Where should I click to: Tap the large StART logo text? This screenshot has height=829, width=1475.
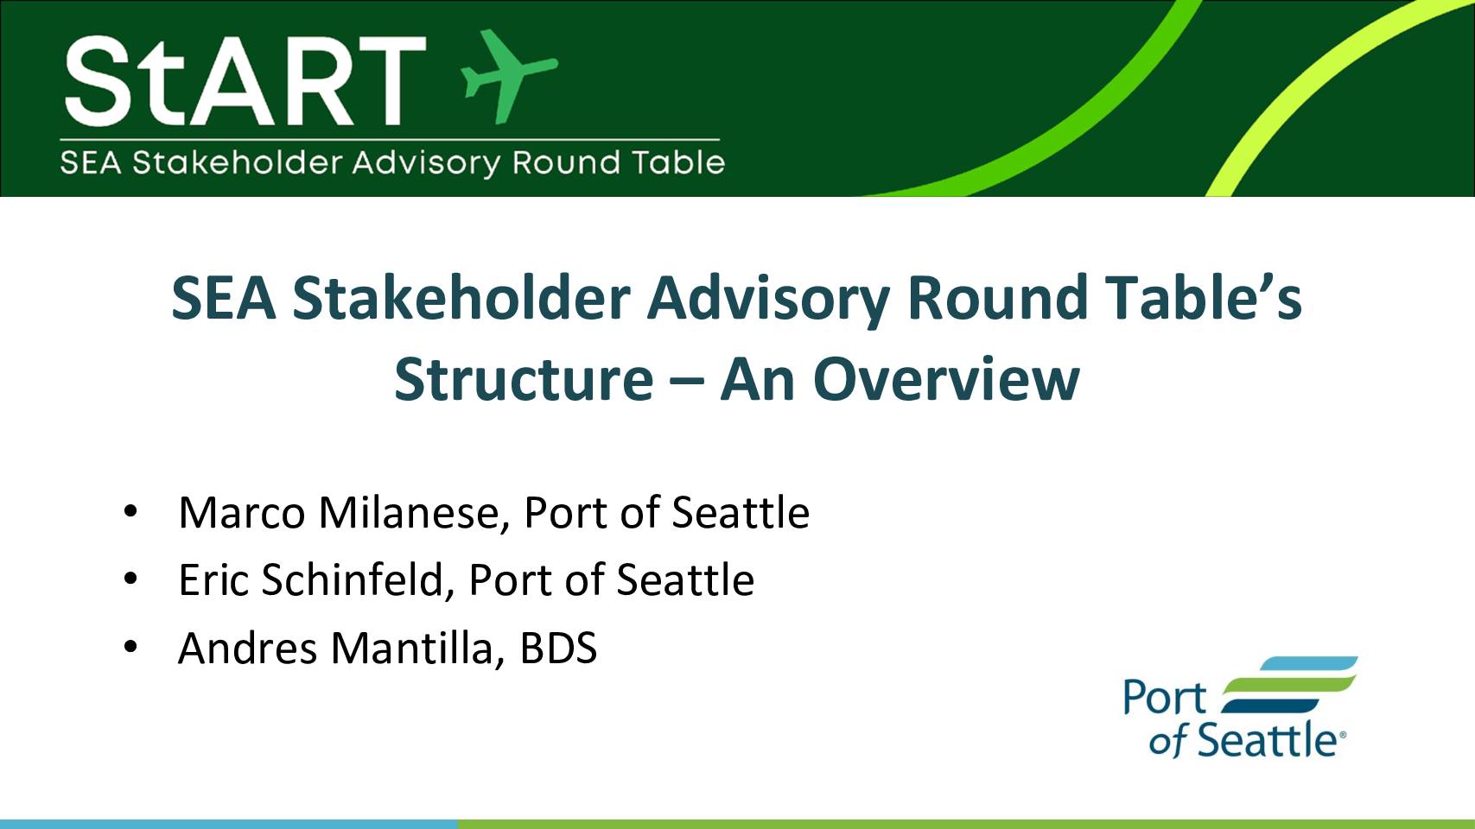coord(245,81)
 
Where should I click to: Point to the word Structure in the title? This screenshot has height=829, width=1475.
coord(524,379)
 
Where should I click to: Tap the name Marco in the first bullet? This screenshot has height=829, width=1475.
coord(242,513)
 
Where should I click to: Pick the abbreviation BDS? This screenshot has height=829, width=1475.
coord(558,648)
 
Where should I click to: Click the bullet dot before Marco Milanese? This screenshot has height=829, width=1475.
coord(130,511)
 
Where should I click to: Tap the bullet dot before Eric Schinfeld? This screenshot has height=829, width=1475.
coord(130,579)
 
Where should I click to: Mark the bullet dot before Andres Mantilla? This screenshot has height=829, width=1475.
coord(130,647)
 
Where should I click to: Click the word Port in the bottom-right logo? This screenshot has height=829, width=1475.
coord(1164,698)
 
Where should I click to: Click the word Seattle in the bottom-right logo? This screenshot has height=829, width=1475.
coord(1267,740)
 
